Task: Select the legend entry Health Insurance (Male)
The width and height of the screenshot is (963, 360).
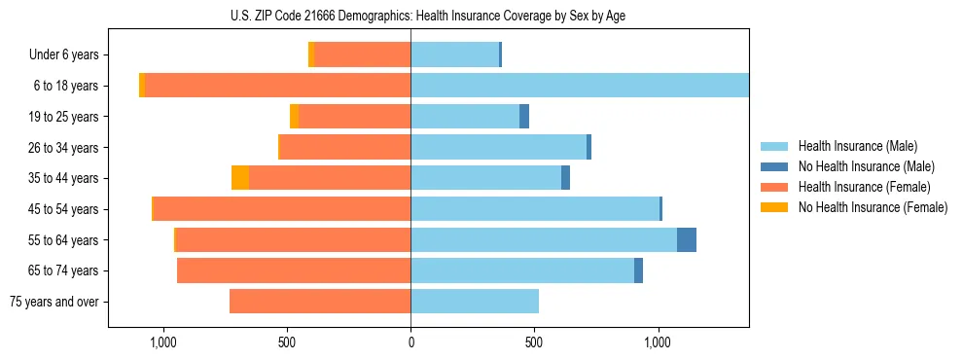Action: tap(857, 146)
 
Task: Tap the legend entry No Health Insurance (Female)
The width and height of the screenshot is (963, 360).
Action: tap(873, 207)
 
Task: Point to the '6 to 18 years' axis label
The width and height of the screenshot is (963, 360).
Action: tap(66, 86)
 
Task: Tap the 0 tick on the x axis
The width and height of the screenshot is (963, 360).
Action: tap(410, 342)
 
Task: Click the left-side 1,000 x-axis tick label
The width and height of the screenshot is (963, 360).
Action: tap(162, 342)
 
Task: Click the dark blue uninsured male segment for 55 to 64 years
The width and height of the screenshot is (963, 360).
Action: tap(687, 239)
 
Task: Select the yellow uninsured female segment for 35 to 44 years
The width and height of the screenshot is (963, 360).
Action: tap(239, 178)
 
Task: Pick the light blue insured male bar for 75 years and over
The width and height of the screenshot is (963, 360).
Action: tap(475, 302)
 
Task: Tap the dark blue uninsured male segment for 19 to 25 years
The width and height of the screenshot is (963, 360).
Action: tap(524, 117)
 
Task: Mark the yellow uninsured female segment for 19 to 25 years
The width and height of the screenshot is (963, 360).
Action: tap(294, 117)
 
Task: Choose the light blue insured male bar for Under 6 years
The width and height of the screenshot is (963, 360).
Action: tap(454, 55)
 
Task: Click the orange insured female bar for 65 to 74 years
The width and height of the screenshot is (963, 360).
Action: tap(294, 270)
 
